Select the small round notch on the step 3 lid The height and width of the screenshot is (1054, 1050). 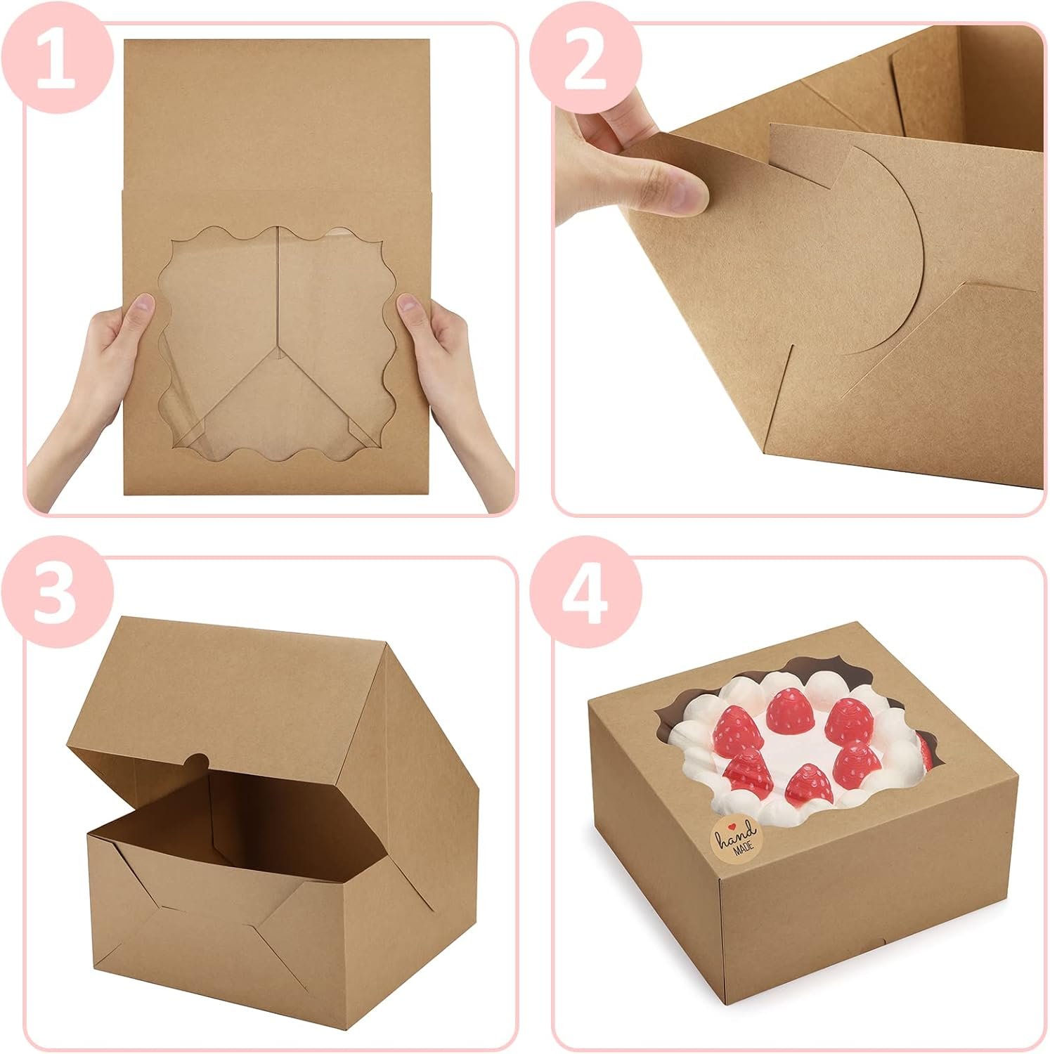[x=199, y=760]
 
